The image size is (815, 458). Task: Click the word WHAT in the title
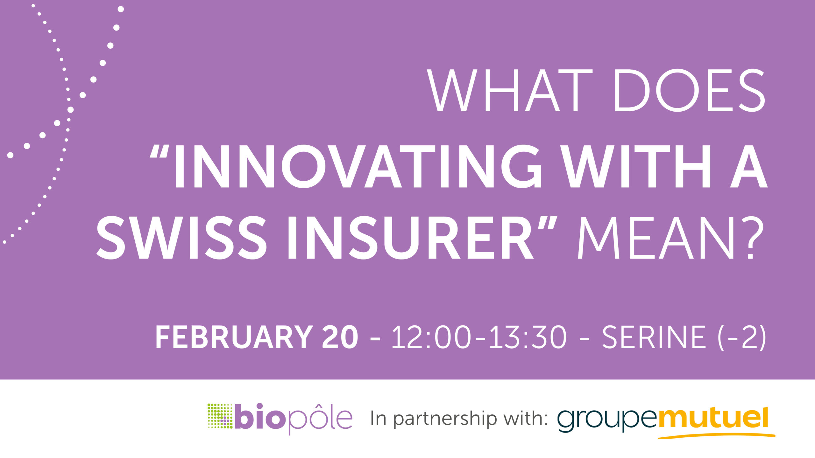point(509,90)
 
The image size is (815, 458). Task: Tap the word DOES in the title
point(690,90)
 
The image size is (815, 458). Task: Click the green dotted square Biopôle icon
point(220,416)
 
